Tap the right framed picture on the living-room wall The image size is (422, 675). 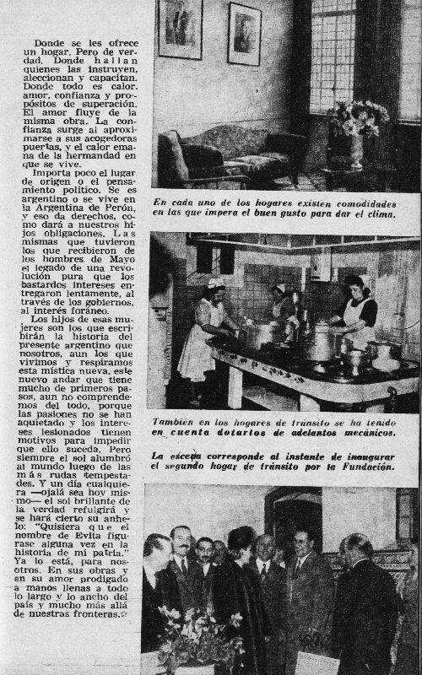pyautogui.click(x=245, y=34)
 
